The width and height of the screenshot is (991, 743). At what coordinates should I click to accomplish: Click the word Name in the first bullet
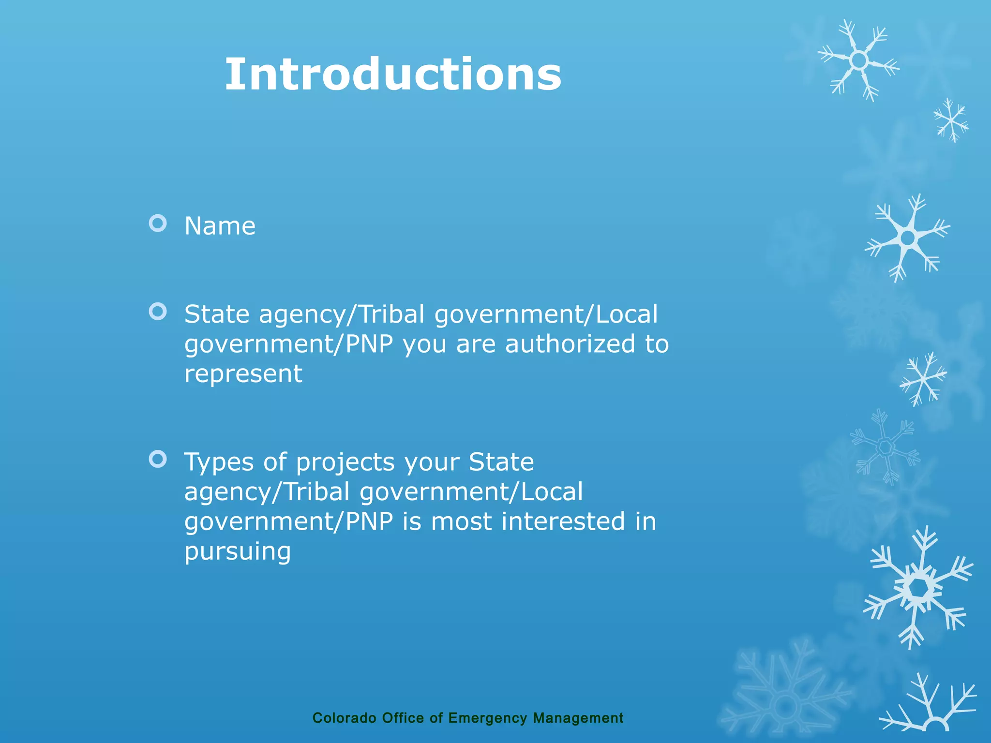220,226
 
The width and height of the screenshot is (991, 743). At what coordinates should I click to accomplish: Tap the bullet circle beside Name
158,223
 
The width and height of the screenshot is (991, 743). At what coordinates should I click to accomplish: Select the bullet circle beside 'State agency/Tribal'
158,312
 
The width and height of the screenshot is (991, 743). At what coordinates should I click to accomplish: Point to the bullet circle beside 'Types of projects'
158,459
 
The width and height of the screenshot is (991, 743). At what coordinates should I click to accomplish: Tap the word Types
219,462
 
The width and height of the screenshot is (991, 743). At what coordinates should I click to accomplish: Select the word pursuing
238,552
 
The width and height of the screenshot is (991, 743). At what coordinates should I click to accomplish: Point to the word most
461,522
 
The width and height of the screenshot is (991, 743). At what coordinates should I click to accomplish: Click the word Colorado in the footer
344,718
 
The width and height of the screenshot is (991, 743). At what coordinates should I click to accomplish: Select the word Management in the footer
578,718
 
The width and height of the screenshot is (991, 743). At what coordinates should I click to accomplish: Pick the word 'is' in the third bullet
412,521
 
